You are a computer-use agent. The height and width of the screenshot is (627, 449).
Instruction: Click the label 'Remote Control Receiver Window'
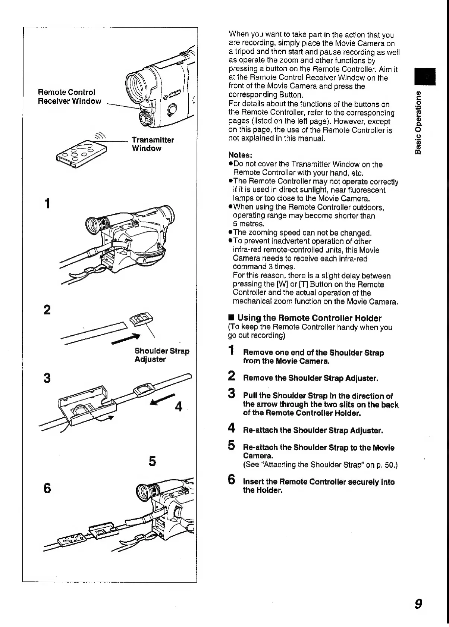coord(69,97)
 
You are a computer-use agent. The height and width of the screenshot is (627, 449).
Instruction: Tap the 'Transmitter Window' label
coord(153,144)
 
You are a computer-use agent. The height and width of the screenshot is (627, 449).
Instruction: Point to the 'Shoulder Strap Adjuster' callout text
coord(162,355)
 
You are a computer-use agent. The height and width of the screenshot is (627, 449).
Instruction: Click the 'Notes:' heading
coord(240,155)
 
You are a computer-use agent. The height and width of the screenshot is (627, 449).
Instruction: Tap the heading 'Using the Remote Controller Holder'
coord(309,318)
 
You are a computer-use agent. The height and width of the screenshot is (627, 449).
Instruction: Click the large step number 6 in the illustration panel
coord(47,488)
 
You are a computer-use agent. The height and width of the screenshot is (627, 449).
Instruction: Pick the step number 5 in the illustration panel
coord(152,461)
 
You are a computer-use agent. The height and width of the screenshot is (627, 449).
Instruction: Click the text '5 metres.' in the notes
coord(248,224)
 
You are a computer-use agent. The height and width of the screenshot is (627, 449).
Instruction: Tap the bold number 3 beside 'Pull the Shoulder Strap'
coord(232,394)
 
